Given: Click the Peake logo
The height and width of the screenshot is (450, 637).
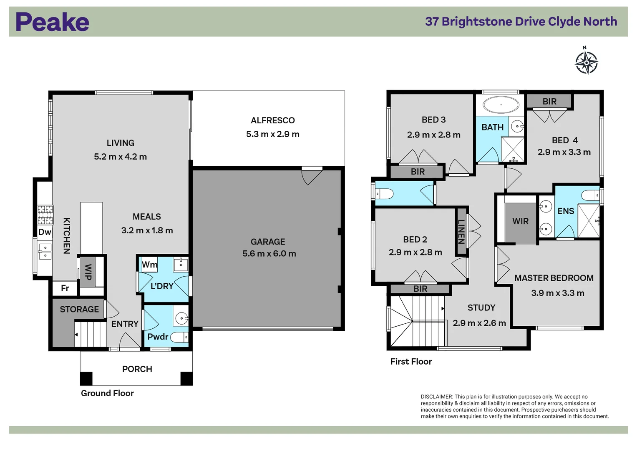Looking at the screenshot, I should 52,22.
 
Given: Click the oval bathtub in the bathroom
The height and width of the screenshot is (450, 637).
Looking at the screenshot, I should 501,105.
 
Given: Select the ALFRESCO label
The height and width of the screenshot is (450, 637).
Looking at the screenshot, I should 272,120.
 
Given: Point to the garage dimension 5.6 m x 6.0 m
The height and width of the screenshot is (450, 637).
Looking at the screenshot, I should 269,253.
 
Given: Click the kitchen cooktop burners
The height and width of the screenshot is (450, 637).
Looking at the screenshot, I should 45,215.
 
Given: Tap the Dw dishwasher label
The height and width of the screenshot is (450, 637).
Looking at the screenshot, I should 45,232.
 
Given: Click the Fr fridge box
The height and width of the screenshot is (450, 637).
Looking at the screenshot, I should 65,288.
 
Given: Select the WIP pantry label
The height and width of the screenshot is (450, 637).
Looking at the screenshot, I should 88,272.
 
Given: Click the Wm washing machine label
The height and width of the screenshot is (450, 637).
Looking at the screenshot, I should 149,265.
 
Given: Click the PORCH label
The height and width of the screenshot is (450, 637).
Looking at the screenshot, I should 137,369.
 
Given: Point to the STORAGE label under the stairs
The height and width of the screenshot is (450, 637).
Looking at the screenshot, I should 79,309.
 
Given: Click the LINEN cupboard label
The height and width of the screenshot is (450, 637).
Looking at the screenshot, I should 461,231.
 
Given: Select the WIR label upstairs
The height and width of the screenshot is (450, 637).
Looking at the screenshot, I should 520,221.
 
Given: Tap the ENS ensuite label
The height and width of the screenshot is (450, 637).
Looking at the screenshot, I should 566,211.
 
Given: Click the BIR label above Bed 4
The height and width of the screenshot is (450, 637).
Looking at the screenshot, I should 549,101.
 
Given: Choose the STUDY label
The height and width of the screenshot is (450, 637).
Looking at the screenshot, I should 481,307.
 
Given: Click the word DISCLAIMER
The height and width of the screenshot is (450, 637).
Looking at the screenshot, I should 436,397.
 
